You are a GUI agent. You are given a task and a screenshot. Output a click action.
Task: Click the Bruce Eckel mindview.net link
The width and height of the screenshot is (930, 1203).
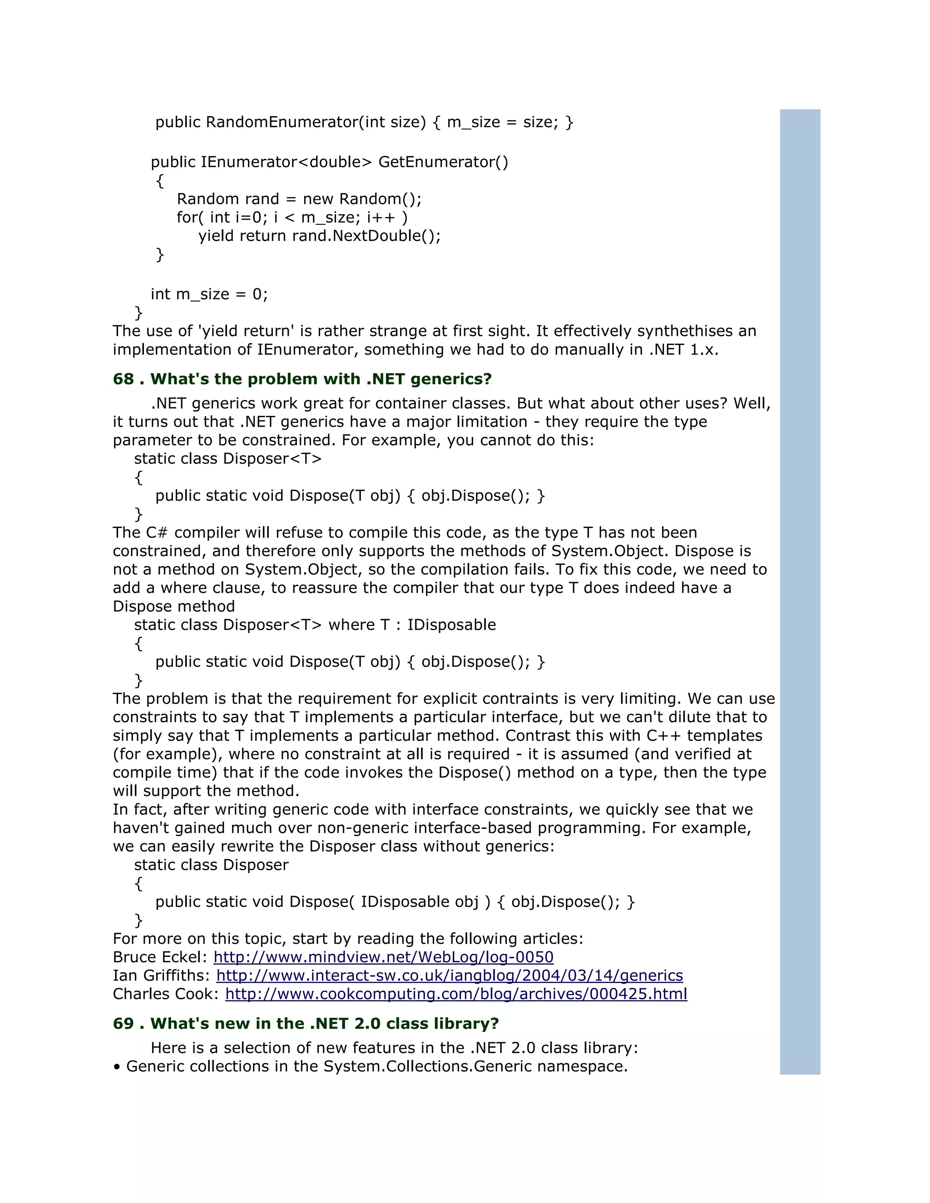383,957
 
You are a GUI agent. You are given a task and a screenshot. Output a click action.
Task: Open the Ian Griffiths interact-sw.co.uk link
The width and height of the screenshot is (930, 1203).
449,976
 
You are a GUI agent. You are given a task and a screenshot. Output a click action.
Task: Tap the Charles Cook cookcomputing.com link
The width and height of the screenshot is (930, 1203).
456,994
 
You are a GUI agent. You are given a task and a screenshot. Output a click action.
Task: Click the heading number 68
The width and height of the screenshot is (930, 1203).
124,379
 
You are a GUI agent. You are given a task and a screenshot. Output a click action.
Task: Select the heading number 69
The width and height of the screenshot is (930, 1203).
124,1023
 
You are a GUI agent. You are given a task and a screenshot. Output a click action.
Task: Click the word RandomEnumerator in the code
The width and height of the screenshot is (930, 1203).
282,122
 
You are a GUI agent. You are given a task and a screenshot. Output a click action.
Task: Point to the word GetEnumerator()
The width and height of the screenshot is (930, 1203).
444,162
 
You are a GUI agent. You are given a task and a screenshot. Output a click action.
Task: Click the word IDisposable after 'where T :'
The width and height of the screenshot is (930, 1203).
452,625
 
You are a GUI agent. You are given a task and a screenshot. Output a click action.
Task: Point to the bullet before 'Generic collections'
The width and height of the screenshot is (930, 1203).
116,1067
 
